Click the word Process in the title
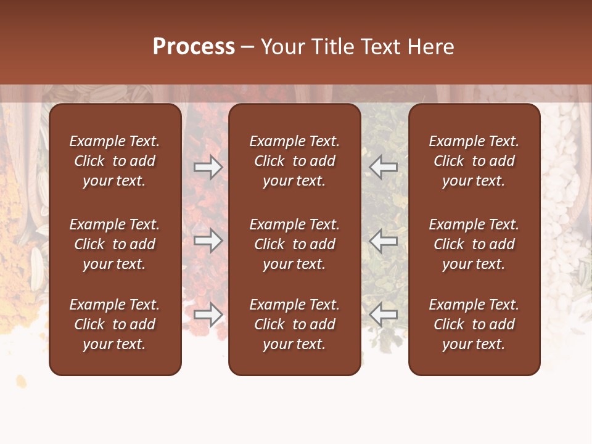(x=194, y=46)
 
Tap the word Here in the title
(x=430, y=46)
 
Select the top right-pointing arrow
(x=208, y=167)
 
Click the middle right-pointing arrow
(x=208, y=241)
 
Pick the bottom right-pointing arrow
(x=208, y=315)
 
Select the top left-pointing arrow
(x=384, y=167)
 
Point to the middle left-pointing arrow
(x=384, y=241)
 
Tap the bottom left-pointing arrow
(x=384, y=315)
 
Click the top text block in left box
(x=115, y=161)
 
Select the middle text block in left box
(x=115, y=244)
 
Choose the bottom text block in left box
(x=115, y=324)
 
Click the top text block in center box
(x=294, y=161)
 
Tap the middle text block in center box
(x=294, y=244)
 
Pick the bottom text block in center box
(x=294, y=324)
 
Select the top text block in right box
(x=474, y=161)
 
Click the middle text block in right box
(x=474, y=244)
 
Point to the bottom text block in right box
(x=474, y=324)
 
